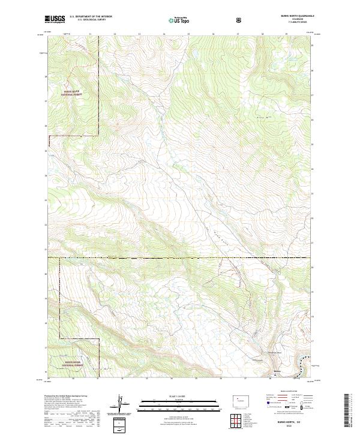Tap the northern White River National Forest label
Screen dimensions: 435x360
(73, 92)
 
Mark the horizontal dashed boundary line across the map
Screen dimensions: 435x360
(180, 257)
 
